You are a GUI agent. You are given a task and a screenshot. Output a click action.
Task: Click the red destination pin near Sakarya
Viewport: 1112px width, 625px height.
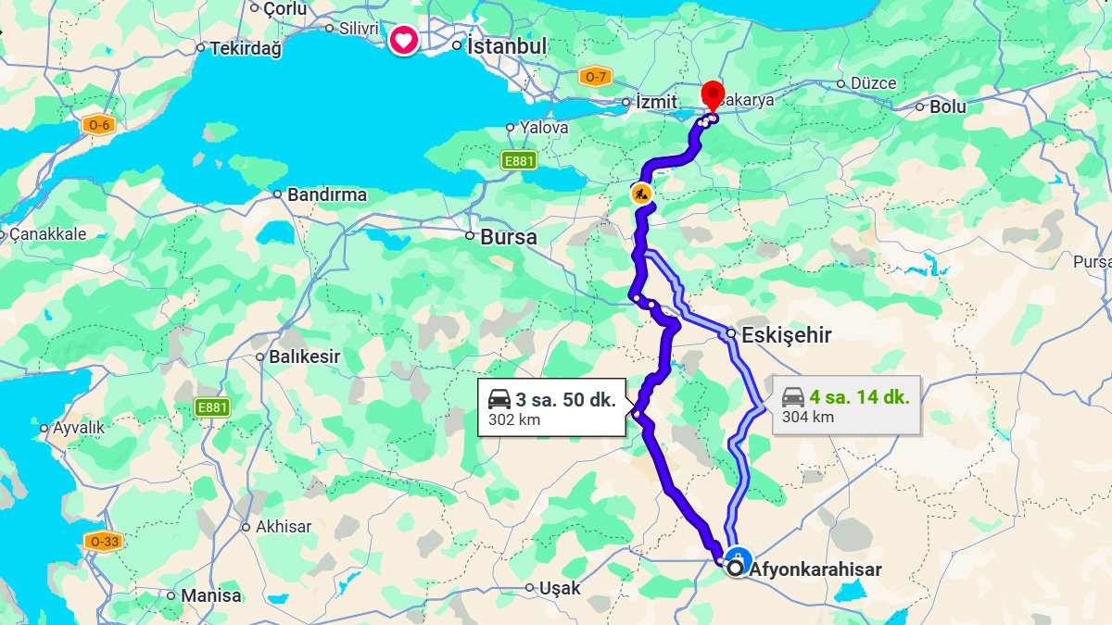point(712,94)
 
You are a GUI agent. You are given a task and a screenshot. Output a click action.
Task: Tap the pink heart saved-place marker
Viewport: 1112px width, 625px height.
point(402,40)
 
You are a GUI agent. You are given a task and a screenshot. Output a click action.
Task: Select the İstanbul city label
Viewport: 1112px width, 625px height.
point(506,45)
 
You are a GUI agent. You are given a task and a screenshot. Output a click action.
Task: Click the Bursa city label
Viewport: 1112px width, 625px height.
point(508,237)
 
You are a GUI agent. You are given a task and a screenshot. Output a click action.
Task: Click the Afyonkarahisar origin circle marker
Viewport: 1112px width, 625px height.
point(737,569)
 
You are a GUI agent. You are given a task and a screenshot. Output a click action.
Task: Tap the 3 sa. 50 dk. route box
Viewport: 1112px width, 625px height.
point(551,408)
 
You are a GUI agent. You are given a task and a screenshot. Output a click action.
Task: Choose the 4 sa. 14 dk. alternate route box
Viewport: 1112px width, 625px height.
point(846,406)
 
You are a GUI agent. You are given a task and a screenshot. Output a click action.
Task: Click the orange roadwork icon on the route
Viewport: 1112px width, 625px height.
point(641,194)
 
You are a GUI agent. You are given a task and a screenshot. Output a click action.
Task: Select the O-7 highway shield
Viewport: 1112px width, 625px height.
point(594,77)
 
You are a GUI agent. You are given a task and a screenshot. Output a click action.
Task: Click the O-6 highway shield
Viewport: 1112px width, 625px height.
point(98,125)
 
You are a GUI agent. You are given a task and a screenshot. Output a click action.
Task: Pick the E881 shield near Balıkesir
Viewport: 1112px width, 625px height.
point(212,406)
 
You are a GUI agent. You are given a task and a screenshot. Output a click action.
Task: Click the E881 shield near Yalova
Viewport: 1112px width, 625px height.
point(519,161)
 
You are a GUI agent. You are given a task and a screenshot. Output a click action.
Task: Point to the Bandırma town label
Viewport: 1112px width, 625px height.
point(326,194)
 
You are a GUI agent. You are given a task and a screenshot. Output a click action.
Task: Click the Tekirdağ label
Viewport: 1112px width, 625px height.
point(245,48)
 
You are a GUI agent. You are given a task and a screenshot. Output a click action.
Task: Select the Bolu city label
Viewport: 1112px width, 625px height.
point(947,106)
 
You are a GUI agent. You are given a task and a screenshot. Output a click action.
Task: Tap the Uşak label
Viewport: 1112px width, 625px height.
point(560,588)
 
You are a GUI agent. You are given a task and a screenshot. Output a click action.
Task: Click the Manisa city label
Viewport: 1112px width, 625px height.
point(210,595)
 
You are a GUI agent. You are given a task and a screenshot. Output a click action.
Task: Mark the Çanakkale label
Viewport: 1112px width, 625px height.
point(47,234)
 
